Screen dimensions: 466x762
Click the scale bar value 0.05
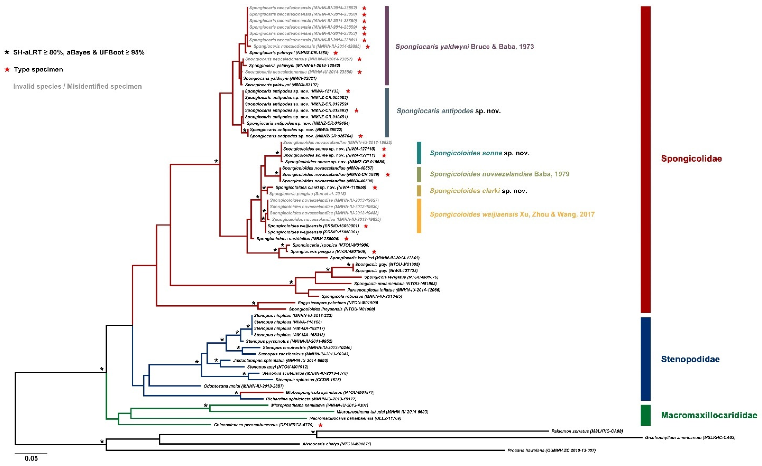coord(31,458)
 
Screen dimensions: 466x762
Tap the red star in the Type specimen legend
coord(7,70)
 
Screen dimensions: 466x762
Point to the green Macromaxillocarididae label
coord(709,415)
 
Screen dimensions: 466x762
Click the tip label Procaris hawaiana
coord(551,450)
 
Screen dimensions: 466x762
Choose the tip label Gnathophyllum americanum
coord(690,437)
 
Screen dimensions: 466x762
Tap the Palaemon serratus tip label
coord(587,431)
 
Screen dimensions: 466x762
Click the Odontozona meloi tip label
coord(243,386)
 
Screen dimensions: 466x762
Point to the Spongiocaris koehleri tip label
coord(375,258)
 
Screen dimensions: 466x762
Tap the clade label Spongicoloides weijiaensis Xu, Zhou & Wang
coord(512,214)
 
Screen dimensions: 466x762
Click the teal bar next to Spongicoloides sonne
coord(419,153)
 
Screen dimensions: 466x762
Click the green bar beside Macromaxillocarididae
coord(645,415)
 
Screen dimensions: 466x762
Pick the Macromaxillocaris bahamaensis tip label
coord(355,418)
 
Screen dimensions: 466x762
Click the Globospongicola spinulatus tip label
coord(330,392)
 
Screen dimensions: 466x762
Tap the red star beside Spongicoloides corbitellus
coord(346,239)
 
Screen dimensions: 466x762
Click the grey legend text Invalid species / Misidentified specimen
coord(77,87)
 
